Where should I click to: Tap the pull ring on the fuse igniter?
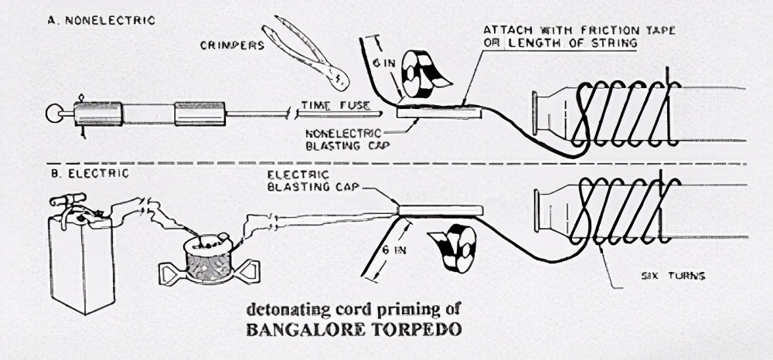tap(53, 114)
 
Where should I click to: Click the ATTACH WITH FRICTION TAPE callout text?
tap(579, 30)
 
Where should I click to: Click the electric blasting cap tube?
tap(440, 210)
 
